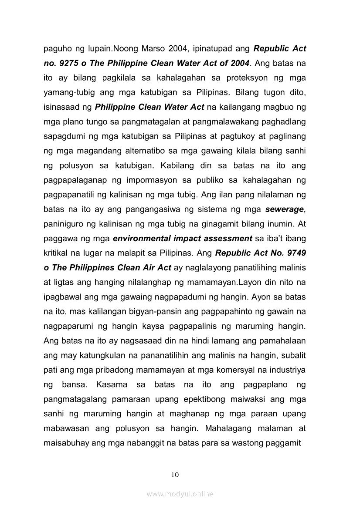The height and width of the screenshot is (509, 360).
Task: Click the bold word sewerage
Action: [285, 209]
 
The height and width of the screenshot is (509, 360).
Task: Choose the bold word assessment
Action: [226, 239]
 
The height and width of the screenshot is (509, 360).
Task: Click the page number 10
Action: [175, 475]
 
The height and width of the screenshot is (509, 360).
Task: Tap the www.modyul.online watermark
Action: [180, 494]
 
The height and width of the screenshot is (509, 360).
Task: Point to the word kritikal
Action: [56, 253]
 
